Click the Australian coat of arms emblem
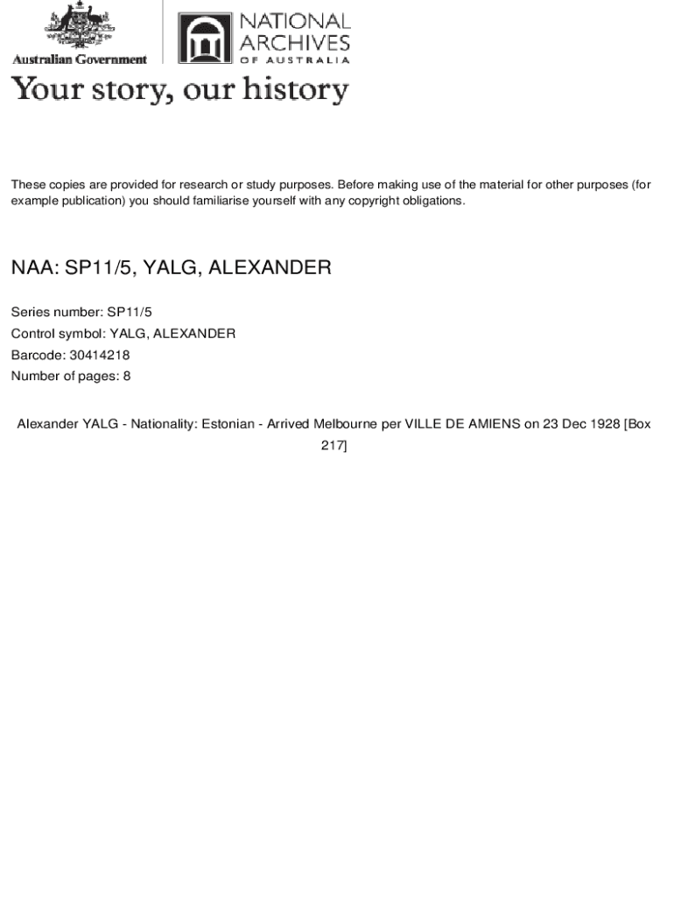click(79, 28)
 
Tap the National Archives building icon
click(205, 39)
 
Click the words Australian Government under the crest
click(79, 60)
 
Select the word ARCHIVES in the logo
click(295, 41)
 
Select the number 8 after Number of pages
click(127, 377)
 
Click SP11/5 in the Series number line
click(130, 312)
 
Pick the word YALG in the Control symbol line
click(128, 334)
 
